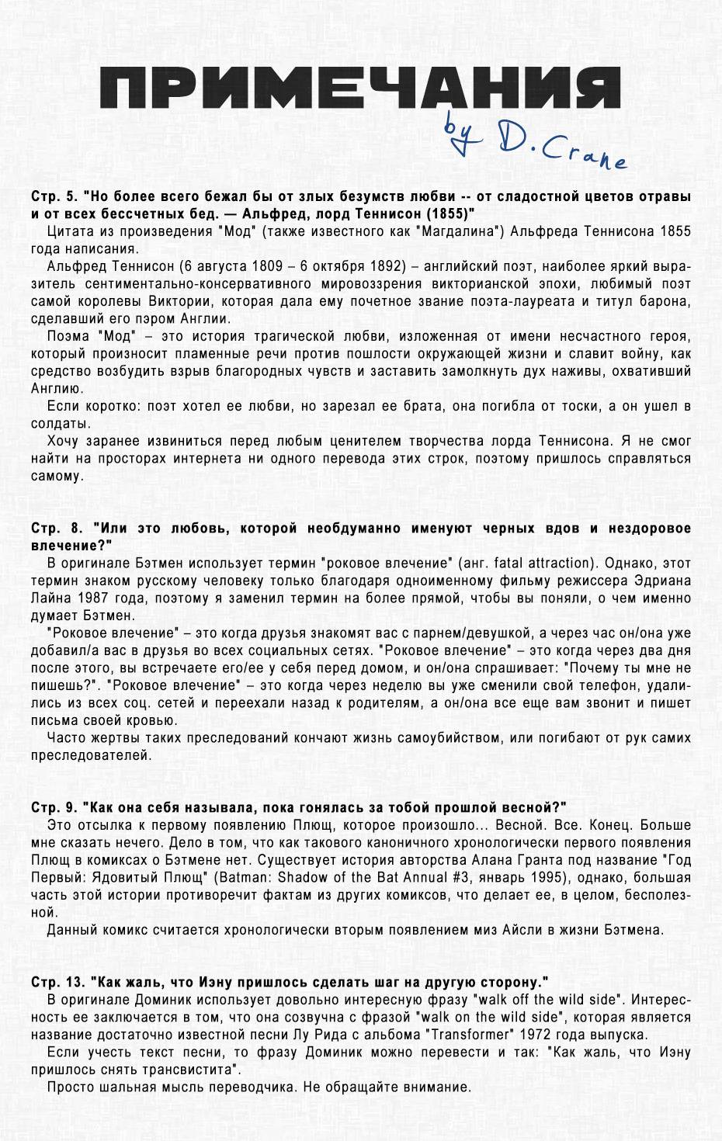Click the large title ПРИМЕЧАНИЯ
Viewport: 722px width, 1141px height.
[x=361, y=88]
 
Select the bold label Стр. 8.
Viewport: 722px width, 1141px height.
[x=55, y=529]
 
